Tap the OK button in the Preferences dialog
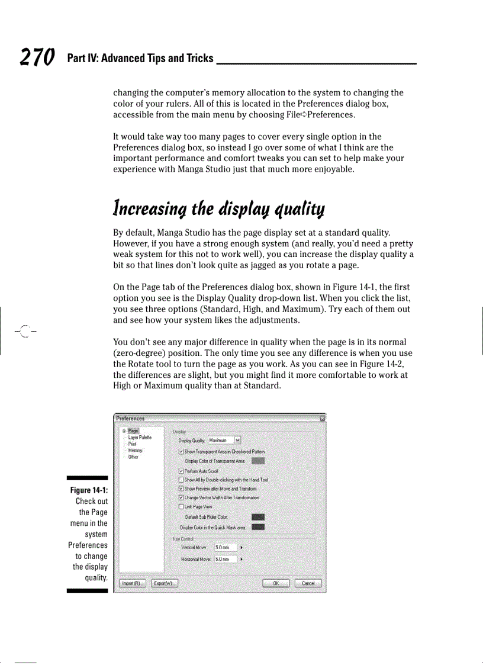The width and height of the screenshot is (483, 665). pos(275,583)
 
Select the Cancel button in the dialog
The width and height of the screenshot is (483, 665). pos(308,583)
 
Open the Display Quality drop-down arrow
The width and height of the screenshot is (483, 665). pos(238,440)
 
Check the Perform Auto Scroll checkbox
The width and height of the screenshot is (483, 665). pos(181,471)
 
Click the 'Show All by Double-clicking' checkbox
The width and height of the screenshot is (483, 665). pos(181,480)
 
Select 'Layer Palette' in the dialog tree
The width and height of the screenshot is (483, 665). pos(140,437)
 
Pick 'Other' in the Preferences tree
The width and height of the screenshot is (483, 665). pos(133,457)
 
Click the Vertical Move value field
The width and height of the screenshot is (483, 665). pos(225,547)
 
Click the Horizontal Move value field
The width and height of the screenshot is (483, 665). pos(225,559)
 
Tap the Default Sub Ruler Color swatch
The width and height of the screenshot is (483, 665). pos(258,517)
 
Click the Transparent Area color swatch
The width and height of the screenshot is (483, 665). pos(258,461)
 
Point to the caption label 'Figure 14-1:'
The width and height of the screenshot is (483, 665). pos(88,490)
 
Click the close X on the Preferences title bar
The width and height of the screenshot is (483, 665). pos(322,419)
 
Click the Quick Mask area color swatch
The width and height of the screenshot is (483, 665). pos(258,527)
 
